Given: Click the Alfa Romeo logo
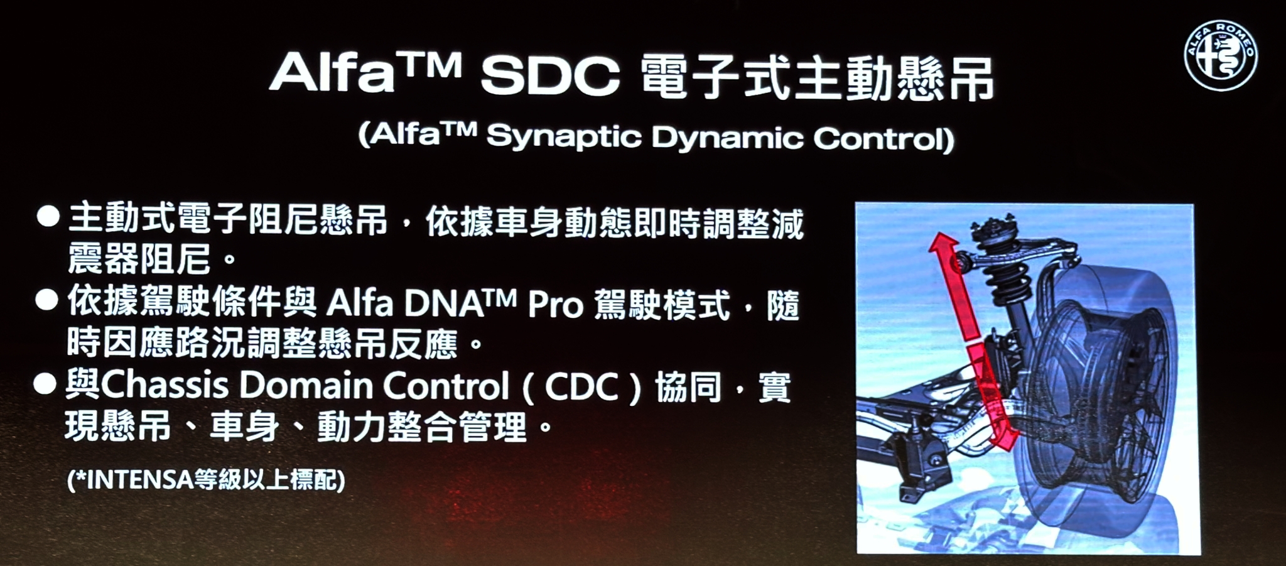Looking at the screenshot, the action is point(1221,55).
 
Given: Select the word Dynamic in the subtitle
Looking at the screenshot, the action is point(727,137).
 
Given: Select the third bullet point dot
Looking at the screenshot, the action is point(45,383).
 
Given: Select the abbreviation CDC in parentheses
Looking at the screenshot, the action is point(581,387).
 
